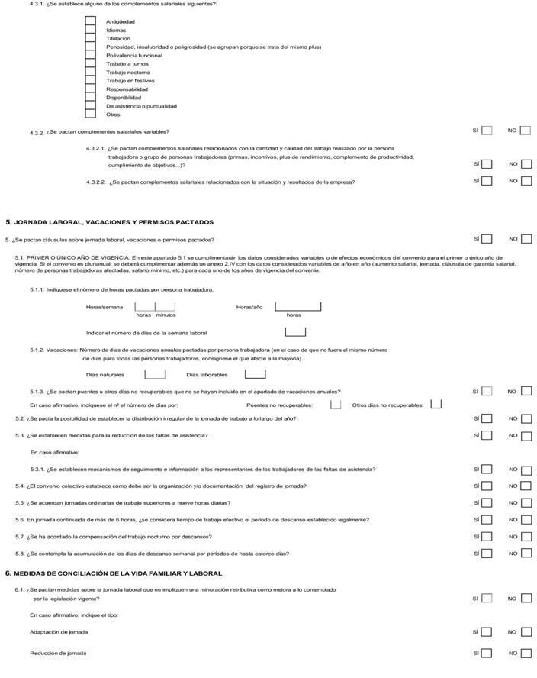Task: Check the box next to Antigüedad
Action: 90,22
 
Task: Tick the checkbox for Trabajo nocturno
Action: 90,73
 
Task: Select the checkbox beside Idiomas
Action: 90,31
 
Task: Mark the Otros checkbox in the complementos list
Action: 90,115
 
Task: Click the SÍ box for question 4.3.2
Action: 486,131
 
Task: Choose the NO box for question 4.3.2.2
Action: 526,182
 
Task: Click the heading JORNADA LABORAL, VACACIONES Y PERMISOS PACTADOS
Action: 109,222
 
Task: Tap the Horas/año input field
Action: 297,306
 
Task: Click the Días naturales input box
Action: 155,374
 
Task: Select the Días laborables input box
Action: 255,374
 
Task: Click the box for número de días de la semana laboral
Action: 294,332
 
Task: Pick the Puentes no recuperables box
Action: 336,405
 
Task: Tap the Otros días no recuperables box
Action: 436,405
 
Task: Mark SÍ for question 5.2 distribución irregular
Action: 486,418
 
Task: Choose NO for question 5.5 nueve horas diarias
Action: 526,503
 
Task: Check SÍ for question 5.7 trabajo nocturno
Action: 486,537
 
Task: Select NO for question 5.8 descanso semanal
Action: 526,554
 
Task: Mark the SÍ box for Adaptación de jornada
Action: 486,632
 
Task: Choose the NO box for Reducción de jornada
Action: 526,654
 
